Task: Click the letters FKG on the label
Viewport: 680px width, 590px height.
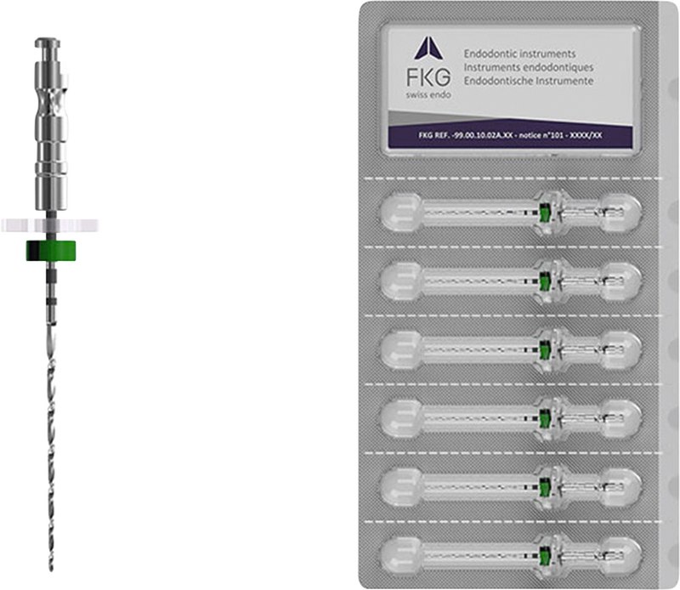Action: point(428,77)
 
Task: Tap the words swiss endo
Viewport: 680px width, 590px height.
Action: point(428,95)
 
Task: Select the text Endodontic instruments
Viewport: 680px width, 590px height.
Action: point(519,54)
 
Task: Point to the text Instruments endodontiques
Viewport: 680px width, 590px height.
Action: point(528,67)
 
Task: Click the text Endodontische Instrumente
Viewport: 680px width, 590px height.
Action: point(528,81)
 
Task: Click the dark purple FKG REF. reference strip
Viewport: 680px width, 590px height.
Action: point(510,135)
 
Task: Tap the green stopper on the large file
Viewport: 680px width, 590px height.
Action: point(51,251)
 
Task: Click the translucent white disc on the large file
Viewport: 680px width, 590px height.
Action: point(50,225)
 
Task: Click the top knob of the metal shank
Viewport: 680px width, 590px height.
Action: point(48,43)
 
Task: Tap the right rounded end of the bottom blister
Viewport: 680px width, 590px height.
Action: point(621,556)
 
